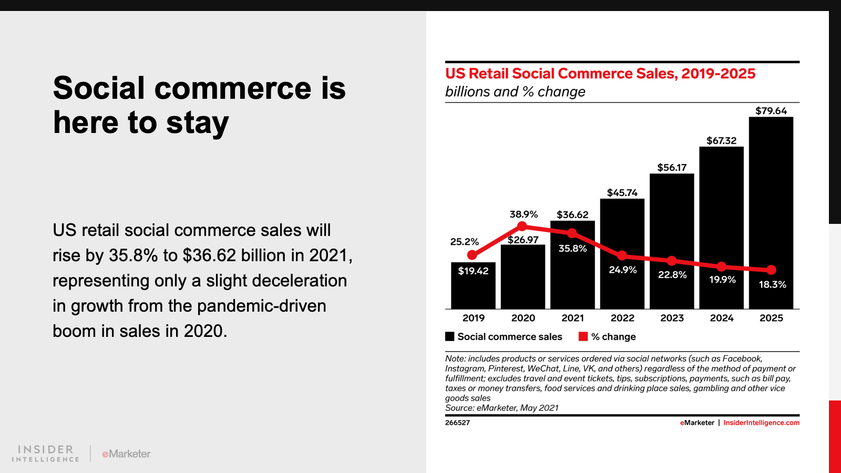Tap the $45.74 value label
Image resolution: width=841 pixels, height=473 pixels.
click(622, 193)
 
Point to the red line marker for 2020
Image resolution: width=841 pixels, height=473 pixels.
click(522, 226)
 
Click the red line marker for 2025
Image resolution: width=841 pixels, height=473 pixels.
click(771, 270)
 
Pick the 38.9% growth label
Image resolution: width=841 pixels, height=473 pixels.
click(524, 214)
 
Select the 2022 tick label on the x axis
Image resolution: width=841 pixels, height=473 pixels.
click(622, 318)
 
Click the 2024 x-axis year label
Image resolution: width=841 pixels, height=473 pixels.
click(722, 318)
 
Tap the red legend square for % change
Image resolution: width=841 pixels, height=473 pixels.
click(583, 337)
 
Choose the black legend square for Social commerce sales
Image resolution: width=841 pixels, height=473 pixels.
click(450, 337)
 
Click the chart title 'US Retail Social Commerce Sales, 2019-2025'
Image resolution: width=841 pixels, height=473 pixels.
click(600, 74)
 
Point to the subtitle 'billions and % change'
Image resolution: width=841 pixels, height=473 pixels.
click(515, 92)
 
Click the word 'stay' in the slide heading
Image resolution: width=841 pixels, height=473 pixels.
click(197, 124)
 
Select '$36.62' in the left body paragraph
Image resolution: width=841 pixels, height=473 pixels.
click(209, 255)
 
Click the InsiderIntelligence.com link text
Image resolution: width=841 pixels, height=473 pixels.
click(761, 423)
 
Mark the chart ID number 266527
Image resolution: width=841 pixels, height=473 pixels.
click(457, 423)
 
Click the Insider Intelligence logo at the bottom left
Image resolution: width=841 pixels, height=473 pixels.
click(46, 454)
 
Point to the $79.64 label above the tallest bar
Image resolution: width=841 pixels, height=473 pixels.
click(771, 111)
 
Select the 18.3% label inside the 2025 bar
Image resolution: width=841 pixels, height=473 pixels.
click(772, 285)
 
